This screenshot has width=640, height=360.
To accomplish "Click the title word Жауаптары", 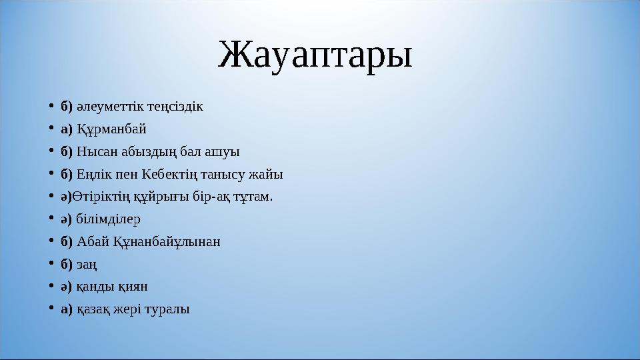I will (x=315, y=56).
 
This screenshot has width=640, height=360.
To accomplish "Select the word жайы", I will (x=268, y=175).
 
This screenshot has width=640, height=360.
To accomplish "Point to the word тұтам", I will (x=253, y=197).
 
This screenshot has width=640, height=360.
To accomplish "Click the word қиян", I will (x=133, y=287).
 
